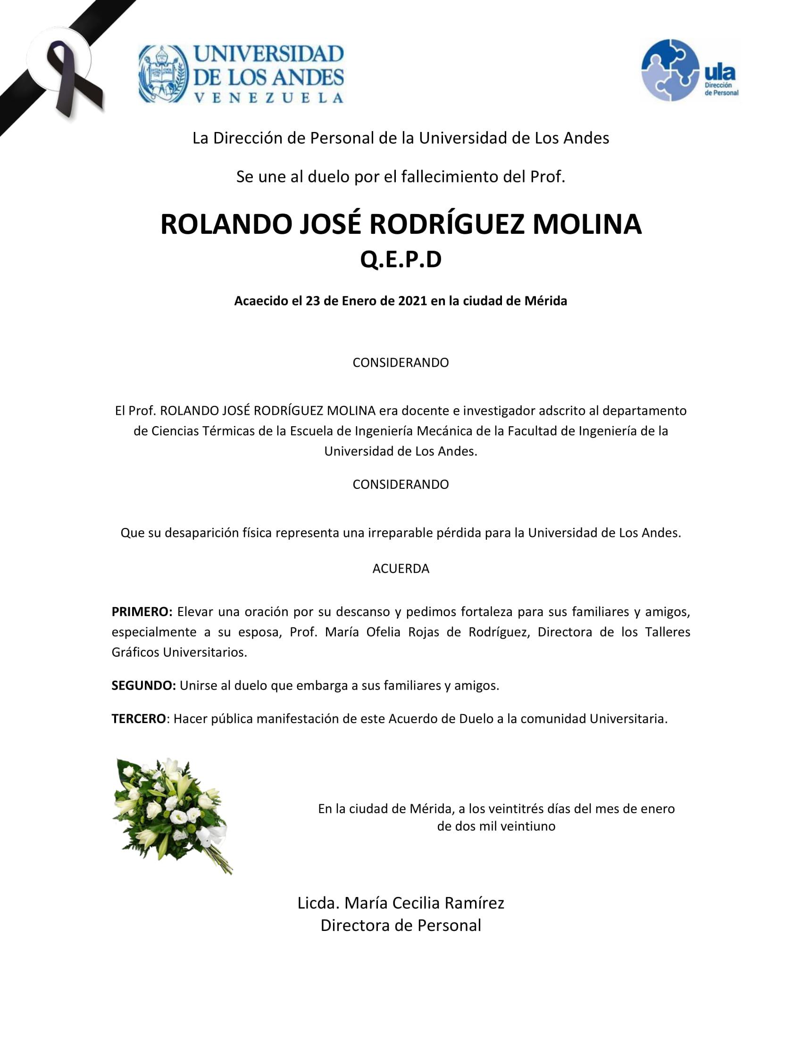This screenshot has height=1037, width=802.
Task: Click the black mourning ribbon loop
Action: [67, 76]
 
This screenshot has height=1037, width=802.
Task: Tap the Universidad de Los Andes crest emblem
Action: [163, 74]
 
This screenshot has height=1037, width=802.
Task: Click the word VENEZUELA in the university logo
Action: [269, 99]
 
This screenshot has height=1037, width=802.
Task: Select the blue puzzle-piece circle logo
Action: [670, 70]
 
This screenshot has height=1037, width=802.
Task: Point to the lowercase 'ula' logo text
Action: [720, 73]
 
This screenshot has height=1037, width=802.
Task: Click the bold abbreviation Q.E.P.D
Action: [401, 259]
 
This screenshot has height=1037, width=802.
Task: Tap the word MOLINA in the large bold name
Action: [587, 224]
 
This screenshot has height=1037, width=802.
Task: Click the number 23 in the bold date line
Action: [313, 301]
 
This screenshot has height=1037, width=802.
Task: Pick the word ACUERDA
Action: [401, 568]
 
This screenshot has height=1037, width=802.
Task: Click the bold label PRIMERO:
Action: [142, 611]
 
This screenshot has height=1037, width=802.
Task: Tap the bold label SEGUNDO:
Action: [143, 685]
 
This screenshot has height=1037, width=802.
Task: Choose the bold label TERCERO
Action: [138, 718]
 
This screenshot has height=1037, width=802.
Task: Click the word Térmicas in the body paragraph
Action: [230, 431]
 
